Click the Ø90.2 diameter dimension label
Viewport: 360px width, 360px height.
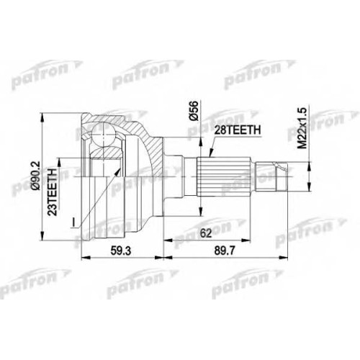coord(37,176)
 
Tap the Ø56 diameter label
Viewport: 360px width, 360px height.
coord(194,111)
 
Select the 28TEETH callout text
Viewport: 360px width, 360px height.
coord(237,130)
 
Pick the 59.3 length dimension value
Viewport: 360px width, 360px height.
coord(120,251)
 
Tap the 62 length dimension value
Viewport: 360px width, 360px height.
coord(206,233)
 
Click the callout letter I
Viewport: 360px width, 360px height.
coord(74,222)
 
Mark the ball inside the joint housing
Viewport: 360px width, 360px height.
coord(104,135)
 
